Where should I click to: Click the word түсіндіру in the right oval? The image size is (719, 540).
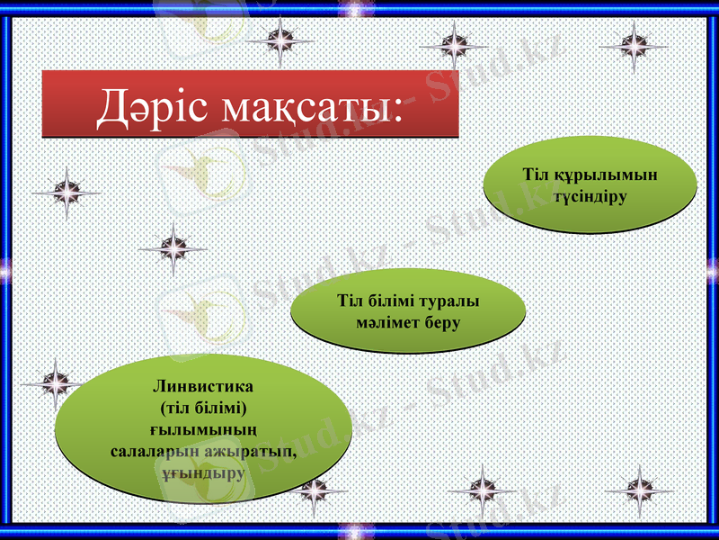(590, 195)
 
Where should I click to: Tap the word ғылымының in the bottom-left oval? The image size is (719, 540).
(202, 428)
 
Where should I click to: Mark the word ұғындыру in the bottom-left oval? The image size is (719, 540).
(202, 472)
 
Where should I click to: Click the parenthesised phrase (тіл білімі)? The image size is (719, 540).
(202, 407)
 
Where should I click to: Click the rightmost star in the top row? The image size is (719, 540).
(635, 46)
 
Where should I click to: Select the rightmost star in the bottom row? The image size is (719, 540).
(638, 490)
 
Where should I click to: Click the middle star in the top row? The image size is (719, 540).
(455, 46)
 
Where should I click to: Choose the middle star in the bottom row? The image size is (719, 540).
(483, 490)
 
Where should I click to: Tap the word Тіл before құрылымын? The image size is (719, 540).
(537, 175)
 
